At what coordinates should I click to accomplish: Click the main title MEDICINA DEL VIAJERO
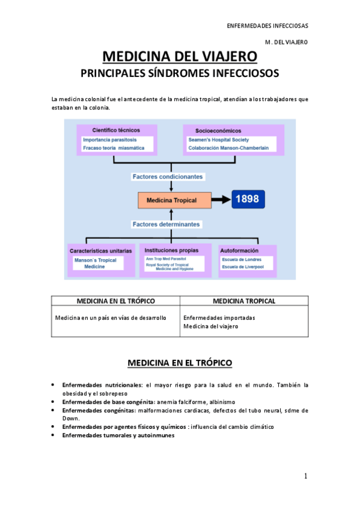coord(180,57)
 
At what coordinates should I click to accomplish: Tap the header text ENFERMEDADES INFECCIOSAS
coord(267,26)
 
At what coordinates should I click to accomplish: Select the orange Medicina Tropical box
coord(174,200)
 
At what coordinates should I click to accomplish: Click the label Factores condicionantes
coord(168,177)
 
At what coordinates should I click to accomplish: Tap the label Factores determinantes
coord(168,224)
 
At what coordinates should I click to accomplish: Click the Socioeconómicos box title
coord(218,130)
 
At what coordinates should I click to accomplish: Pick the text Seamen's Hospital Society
coord(215,140)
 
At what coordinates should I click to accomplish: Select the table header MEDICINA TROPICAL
coord(244,301)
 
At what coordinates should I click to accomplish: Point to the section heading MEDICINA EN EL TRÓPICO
coord(179,363)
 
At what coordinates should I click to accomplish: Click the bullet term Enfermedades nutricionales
coord(102,384)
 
